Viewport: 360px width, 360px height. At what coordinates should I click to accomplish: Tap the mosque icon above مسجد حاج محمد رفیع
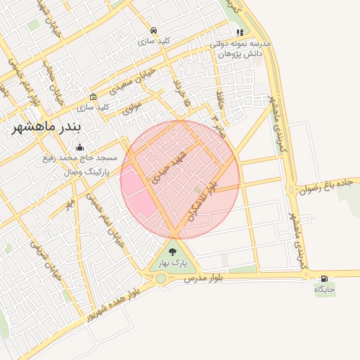79,148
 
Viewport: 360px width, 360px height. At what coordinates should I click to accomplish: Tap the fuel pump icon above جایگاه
324,278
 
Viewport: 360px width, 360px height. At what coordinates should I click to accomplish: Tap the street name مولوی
131,108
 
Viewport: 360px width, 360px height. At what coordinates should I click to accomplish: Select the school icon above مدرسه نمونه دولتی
240,32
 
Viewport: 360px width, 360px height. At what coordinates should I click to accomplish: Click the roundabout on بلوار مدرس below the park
161,278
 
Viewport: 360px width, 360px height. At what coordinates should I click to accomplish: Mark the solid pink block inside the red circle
141,200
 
